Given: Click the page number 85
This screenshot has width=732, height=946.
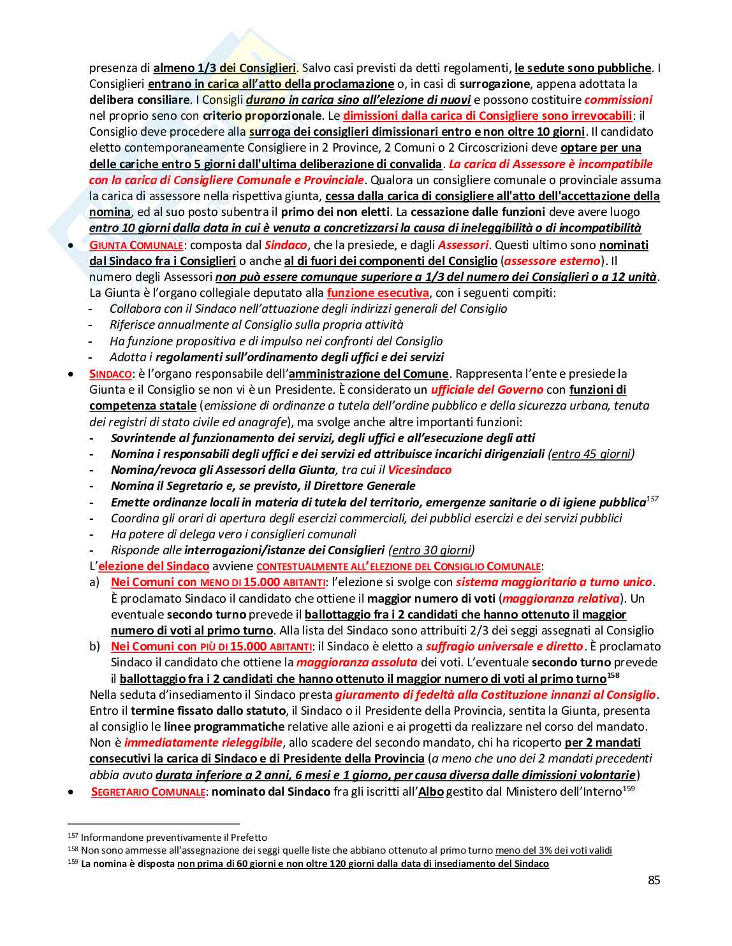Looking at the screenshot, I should click(x=654, y=880).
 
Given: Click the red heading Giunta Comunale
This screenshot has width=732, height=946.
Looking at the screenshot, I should click(x=136, y=245).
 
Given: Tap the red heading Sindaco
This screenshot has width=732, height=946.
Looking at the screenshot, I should click(x=110, y=374).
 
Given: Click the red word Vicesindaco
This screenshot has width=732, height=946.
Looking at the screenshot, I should click(x=420, y=470).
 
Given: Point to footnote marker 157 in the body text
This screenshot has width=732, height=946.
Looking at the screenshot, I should click(x=652, y=499).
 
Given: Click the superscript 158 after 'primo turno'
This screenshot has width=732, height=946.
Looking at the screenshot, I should click(x=613, y=675).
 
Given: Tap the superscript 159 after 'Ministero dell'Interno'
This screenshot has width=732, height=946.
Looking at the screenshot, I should click(x=629, y=789).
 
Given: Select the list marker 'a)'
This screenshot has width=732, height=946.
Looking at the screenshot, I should click(x=95, y=582).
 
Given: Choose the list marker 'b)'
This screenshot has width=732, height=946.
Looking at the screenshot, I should click(x=95, y=647).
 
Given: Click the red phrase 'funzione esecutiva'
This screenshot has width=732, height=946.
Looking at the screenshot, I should click(x=377, y=293).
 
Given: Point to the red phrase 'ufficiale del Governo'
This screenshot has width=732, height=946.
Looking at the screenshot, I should click(x=487, y=390).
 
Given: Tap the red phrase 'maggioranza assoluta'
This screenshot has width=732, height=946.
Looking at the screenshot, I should click(x=357, y=663).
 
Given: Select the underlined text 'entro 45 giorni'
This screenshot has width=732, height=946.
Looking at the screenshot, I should click(x=591, y=454).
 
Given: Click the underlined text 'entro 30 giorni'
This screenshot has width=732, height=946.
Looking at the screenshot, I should click(x=432, y=550).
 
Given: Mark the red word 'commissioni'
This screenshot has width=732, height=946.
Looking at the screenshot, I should click(x=618, y=100).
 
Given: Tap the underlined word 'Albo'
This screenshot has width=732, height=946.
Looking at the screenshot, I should click(x=430, y=792).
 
